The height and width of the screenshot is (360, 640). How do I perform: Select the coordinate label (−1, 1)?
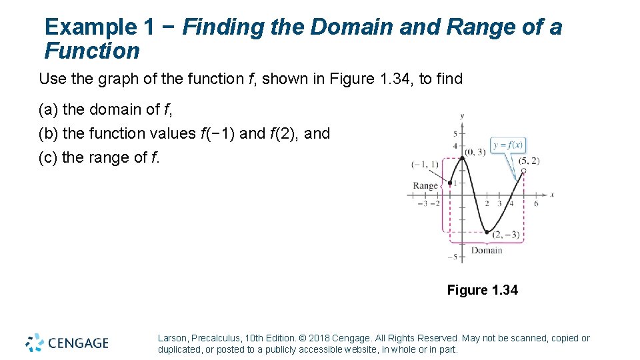[425, 164]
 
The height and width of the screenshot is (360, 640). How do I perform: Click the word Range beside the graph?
[425, 186]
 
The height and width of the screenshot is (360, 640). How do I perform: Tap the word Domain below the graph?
[487, 251]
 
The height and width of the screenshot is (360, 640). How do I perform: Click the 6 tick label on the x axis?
[536, 203]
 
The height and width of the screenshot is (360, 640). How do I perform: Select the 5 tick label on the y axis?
[455, 134]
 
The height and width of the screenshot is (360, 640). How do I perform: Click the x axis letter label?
[552, 195]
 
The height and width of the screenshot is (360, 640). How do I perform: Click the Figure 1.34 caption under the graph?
[482, 290]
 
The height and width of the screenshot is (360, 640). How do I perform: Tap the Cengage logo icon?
[35, 342]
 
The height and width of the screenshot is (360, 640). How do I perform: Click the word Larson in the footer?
[173, 338]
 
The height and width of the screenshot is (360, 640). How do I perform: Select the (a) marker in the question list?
[48, 109]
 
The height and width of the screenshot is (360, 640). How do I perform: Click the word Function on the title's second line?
[92, 51]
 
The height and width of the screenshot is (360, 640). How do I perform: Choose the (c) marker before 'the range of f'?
[48, 157]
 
